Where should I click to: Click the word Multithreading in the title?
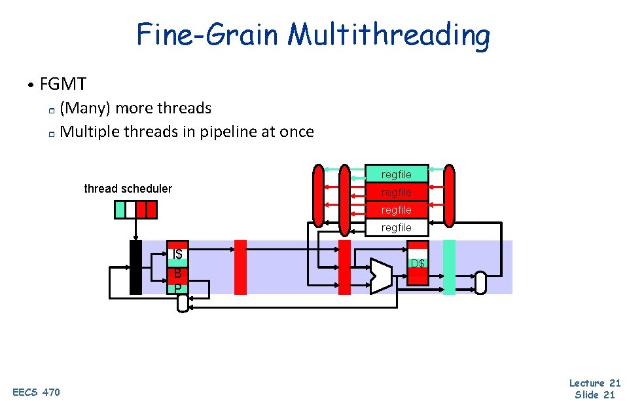pos(389,35)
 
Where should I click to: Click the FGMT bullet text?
pos(63,84)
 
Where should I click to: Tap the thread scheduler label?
pos(128,189)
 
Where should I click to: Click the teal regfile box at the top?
pos(397,174)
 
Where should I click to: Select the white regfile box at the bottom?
pos(397,227)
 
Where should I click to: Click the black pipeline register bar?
pos(135,267)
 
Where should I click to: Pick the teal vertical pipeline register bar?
pos(449,267)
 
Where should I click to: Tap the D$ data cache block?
pos(418,263)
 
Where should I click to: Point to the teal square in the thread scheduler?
pos(120,209)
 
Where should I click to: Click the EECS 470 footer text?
pos(36,392)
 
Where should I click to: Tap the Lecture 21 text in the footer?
pos(594,383)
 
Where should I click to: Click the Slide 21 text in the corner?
pos(594,394)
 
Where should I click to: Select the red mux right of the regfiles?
pos(449,195)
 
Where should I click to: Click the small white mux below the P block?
pos(183,303)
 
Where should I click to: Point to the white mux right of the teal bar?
pos(481,282)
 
